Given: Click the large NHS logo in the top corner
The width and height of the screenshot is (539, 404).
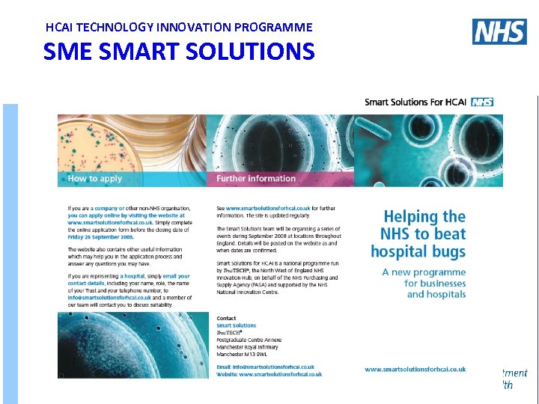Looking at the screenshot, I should click(499, 31).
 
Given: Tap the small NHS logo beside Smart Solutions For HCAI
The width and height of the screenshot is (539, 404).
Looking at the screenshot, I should click(482, 102).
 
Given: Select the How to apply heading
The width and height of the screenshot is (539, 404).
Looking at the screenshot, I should click(94, 179).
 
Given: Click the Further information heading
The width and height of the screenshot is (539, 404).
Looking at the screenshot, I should click(256, 179).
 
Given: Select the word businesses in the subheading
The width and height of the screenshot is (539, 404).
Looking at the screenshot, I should click(435, 284).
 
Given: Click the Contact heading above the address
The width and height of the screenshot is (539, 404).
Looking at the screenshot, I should click(226, 319).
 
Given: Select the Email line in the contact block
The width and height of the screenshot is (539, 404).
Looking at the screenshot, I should click(265, 367).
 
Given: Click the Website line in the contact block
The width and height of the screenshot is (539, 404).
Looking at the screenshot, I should click(269, 374).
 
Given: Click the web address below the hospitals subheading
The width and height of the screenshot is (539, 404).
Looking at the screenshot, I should click(415, 369).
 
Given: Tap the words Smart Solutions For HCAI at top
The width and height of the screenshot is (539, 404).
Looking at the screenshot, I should click(415, 102).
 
